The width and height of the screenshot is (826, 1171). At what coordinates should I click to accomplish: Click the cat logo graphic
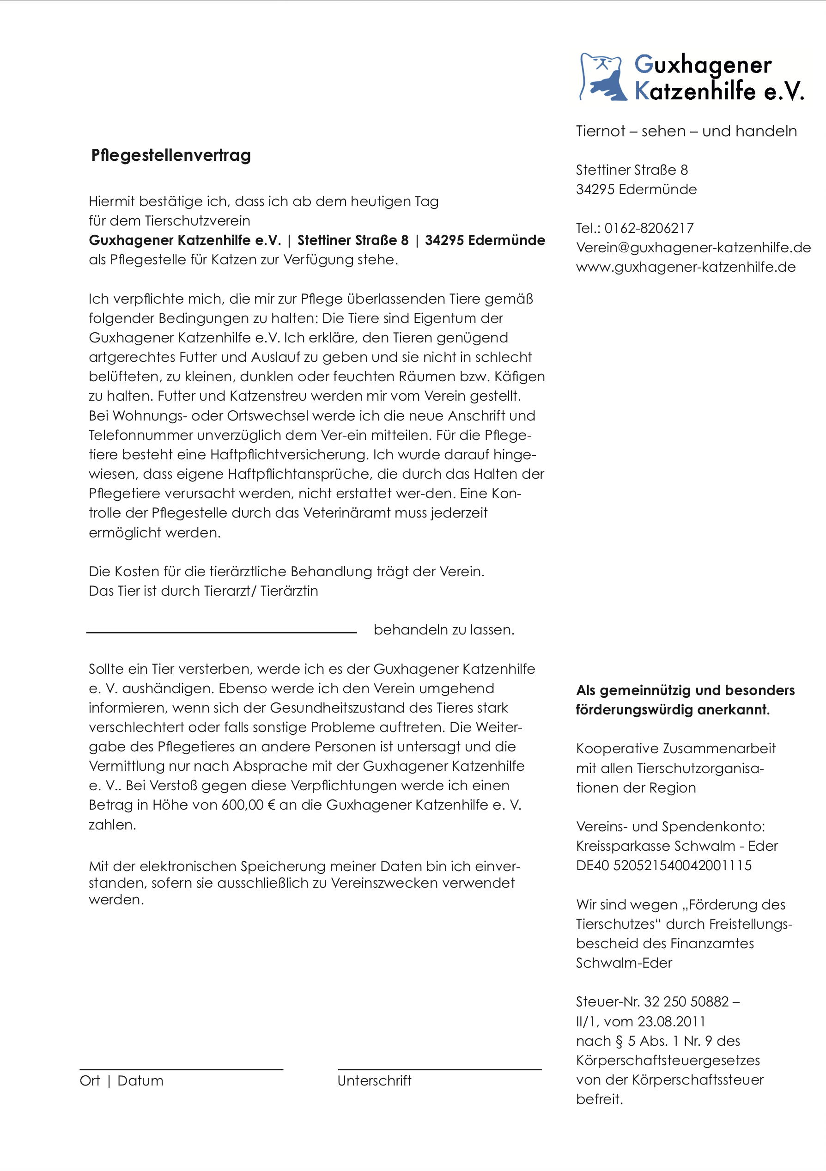click(603, 77)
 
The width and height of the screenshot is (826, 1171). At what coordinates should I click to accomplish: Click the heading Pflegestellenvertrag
click(171, 155)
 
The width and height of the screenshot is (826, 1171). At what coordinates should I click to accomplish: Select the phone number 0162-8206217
click(649, 228)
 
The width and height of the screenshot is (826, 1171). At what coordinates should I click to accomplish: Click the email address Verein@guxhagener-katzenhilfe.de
click(693, 247)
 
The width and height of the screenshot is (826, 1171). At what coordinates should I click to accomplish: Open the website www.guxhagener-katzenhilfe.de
click(686, 267)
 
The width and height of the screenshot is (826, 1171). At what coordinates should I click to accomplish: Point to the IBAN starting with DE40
click(664, 865)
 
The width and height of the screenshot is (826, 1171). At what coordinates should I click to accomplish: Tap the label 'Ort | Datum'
click(121, 1081)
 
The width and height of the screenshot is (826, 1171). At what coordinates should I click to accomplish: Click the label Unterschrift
click(374, 1081)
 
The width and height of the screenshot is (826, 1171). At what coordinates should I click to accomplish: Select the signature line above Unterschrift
click(439, 1069)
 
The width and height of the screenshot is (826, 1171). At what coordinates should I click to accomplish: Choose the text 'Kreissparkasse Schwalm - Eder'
click(677, 846)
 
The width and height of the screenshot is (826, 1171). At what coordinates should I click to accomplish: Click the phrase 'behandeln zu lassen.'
click(444, 630)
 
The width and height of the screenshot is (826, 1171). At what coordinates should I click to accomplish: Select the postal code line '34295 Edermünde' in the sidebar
click(636, 189)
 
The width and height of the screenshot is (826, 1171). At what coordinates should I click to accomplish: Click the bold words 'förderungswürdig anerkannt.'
click(673, 709)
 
